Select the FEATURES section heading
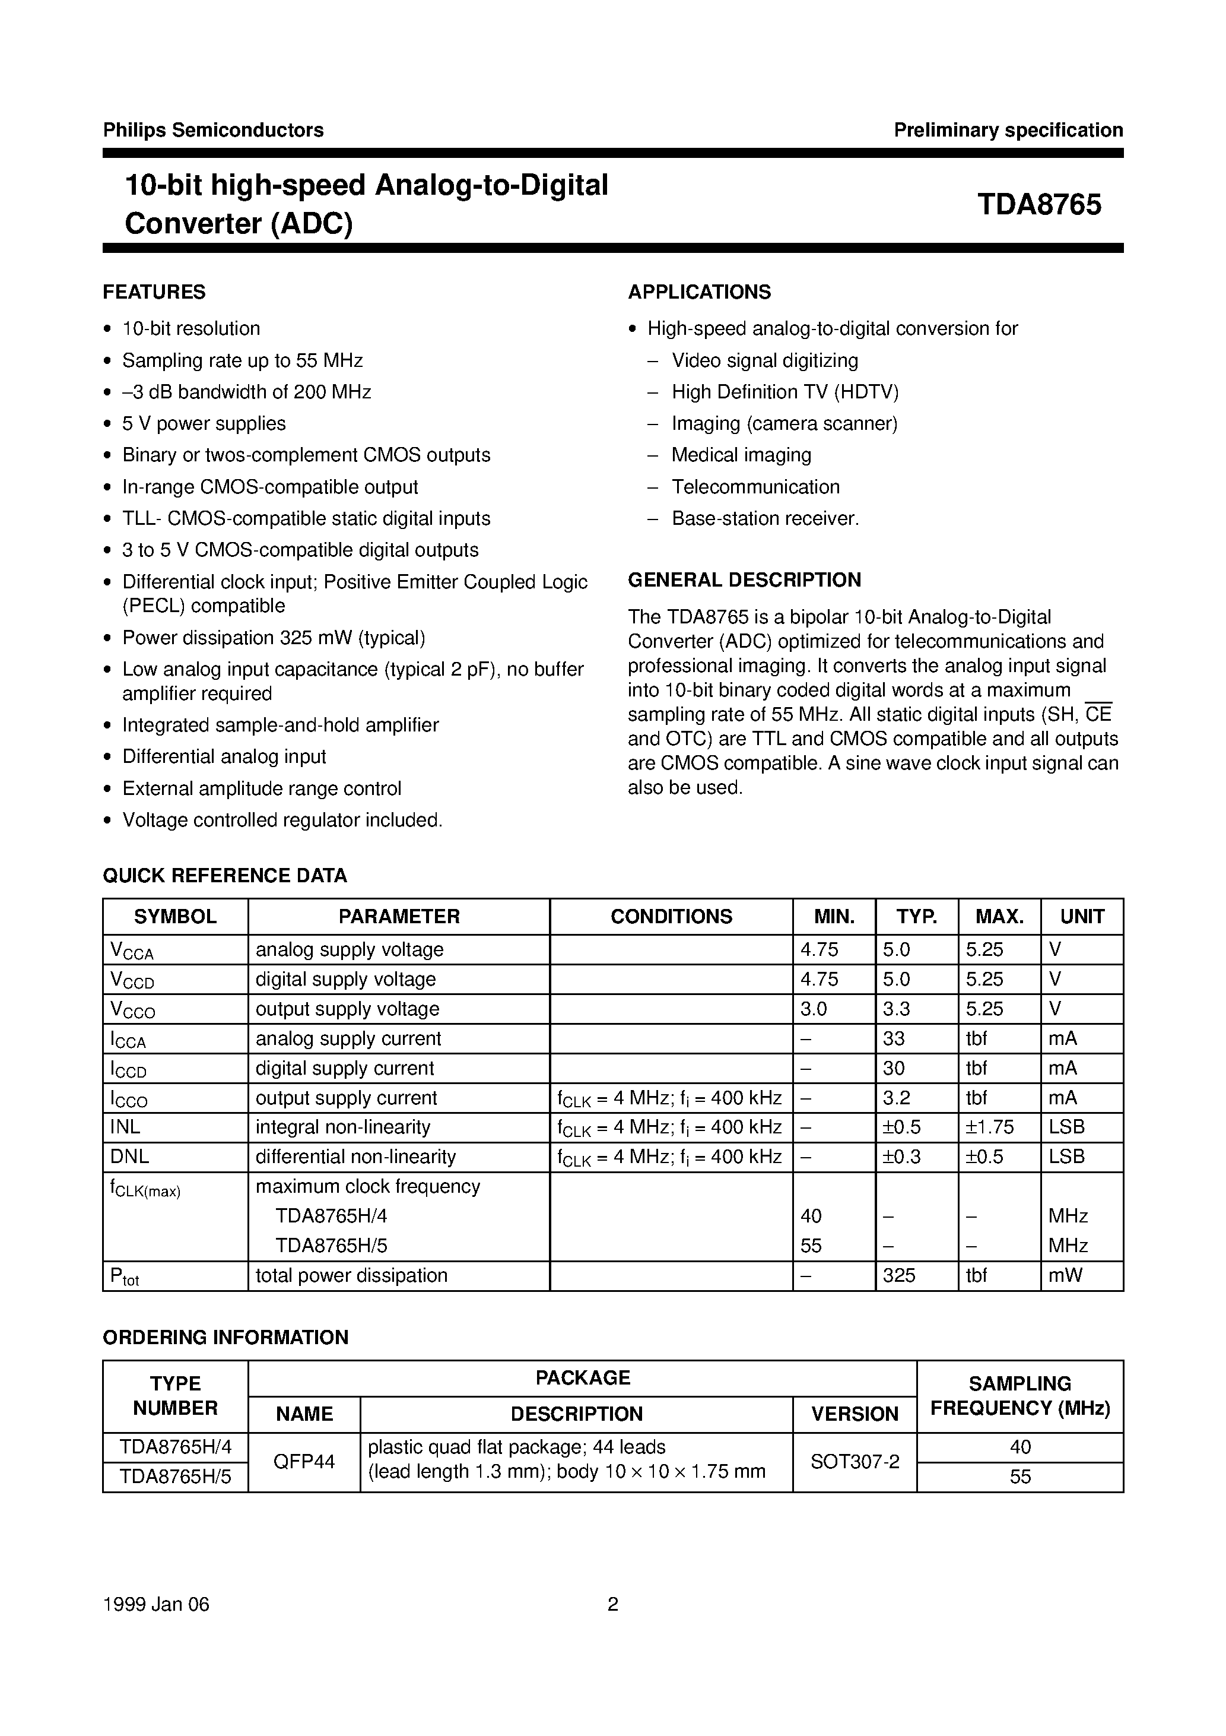click(154, 292)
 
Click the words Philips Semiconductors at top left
click(213, 130)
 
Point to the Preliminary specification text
click(1008, 130)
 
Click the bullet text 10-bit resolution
click(191, 329)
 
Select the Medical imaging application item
click(741, 455)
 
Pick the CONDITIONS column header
click(671, 917)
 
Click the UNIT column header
click(1082, 917)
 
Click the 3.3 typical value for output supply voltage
click(897, 1009)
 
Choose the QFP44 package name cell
click(304, 1462)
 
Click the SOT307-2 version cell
click(855, 1462)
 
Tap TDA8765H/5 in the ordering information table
click(176, 1477)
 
